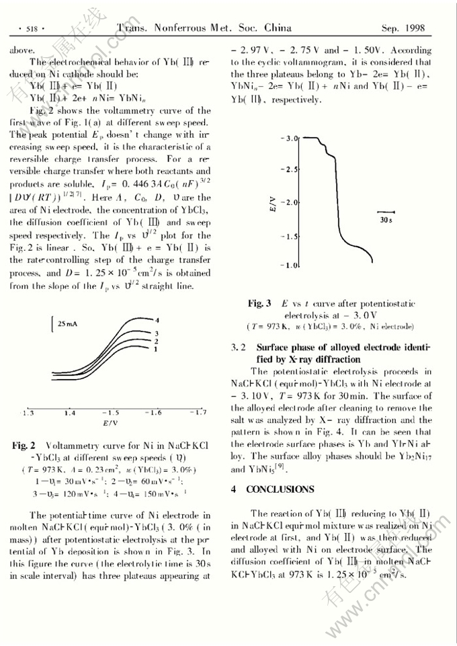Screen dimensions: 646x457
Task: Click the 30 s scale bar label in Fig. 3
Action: tap(386, 219)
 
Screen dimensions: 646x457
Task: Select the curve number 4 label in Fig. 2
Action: tap(157, 319)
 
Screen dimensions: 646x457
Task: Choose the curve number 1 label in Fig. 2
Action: tap(155, 350)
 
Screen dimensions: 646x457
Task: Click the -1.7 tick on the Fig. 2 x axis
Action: tap(198, 412)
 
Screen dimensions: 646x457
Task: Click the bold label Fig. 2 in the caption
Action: tap(24, 445)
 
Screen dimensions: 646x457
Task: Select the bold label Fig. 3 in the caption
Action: tap(259, 303)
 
